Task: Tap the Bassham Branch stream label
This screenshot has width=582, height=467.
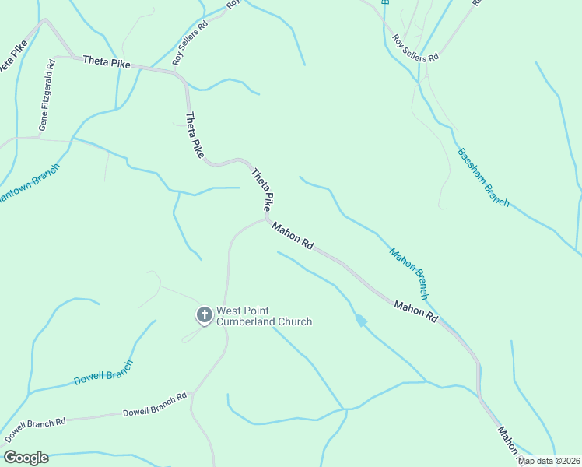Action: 483,177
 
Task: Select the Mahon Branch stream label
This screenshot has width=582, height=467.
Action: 408,273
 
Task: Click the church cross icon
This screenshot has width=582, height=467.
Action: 204,315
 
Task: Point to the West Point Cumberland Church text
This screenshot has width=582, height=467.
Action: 264,316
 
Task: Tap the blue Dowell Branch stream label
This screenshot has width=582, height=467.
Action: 103,372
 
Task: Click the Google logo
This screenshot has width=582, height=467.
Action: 26,458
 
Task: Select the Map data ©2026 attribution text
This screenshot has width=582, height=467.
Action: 549,461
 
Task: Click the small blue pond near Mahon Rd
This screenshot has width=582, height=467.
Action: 360,320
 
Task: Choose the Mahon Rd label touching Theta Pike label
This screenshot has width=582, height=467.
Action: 293,235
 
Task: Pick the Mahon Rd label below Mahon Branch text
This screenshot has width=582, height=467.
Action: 415,311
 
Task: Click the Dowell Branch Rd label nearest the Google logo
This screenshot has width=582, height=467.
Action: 35,430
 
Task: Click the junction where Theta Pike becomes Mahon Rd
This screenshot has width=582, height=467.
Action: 267,219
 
